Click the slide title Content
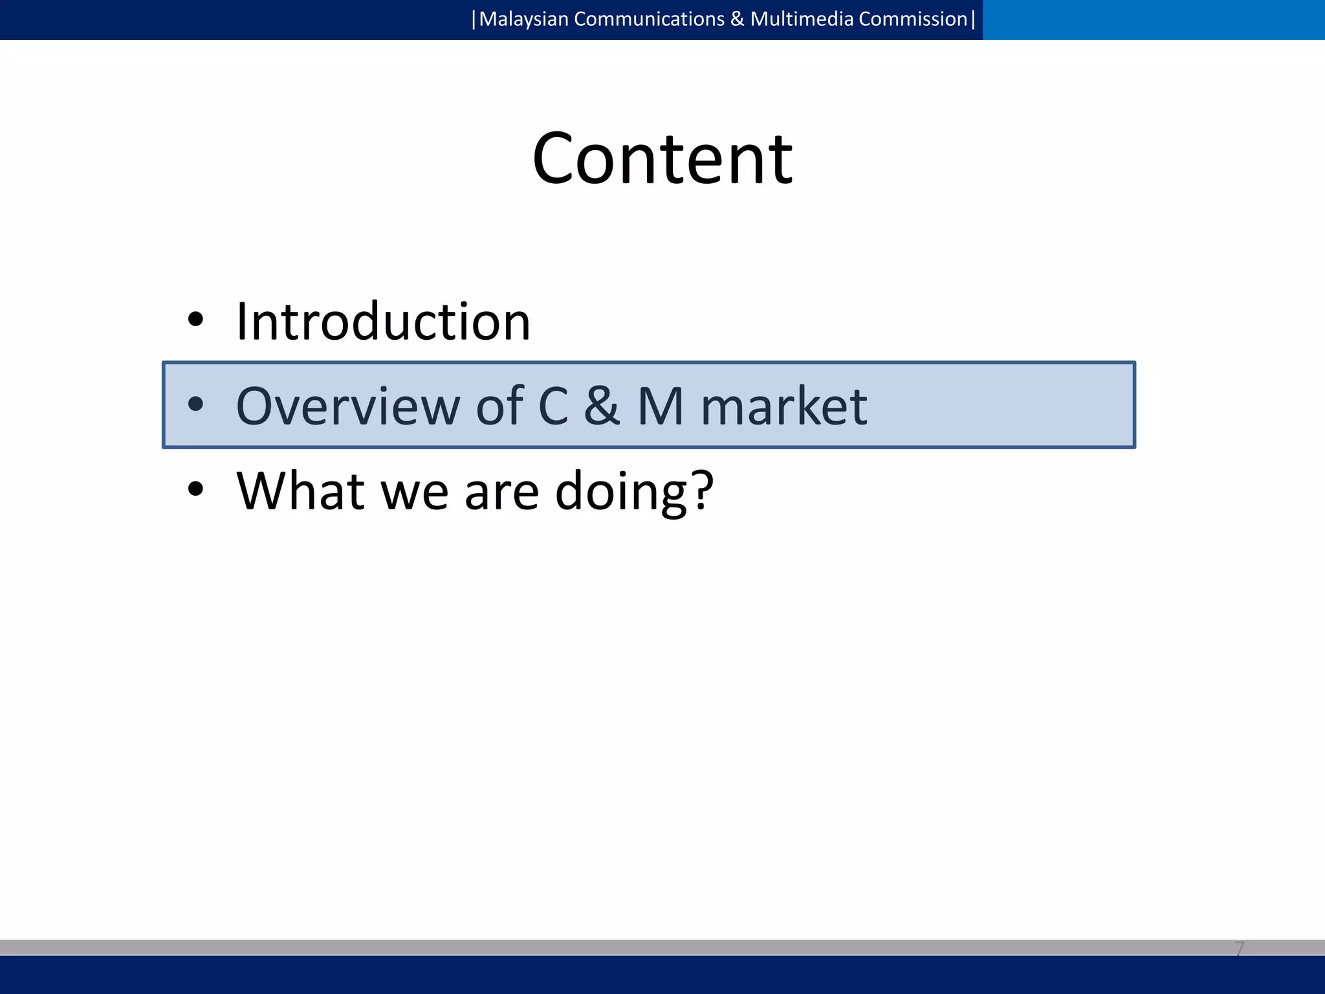tap(662, 159)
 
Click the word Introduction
tap(383, 322)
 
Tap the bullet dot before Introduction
tap(195, 319)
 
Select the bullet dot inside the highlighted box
tap(195, 404)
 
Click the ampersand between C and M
tap(602, 406)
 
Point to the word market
tap(783, 406)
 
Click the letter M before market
tap(661, 406)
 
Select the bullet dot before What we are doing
tap(195, 489)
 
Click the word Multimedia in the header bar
tap(802, 19)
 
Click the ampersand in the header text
tap(737, 19)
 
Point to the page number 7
tap(1239, 949)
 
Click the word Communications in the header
tap(649, 19)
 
